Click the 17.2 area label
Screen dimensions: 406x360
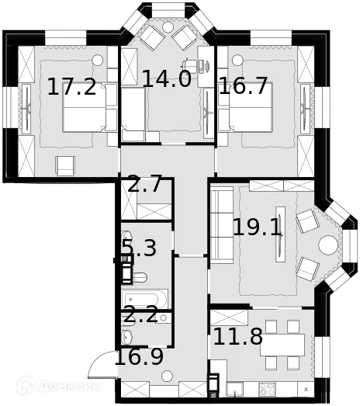(x=72, y=86)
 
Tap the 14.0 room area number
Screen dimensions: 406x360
(x=166, y=78)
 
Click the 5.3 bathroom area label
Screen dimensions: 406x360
(x=140, y=248)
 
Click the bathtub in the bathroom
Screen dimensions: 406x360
(x=145, y=299)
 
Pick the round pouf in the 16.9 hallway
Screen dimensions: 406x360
(x=165, y=375)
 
